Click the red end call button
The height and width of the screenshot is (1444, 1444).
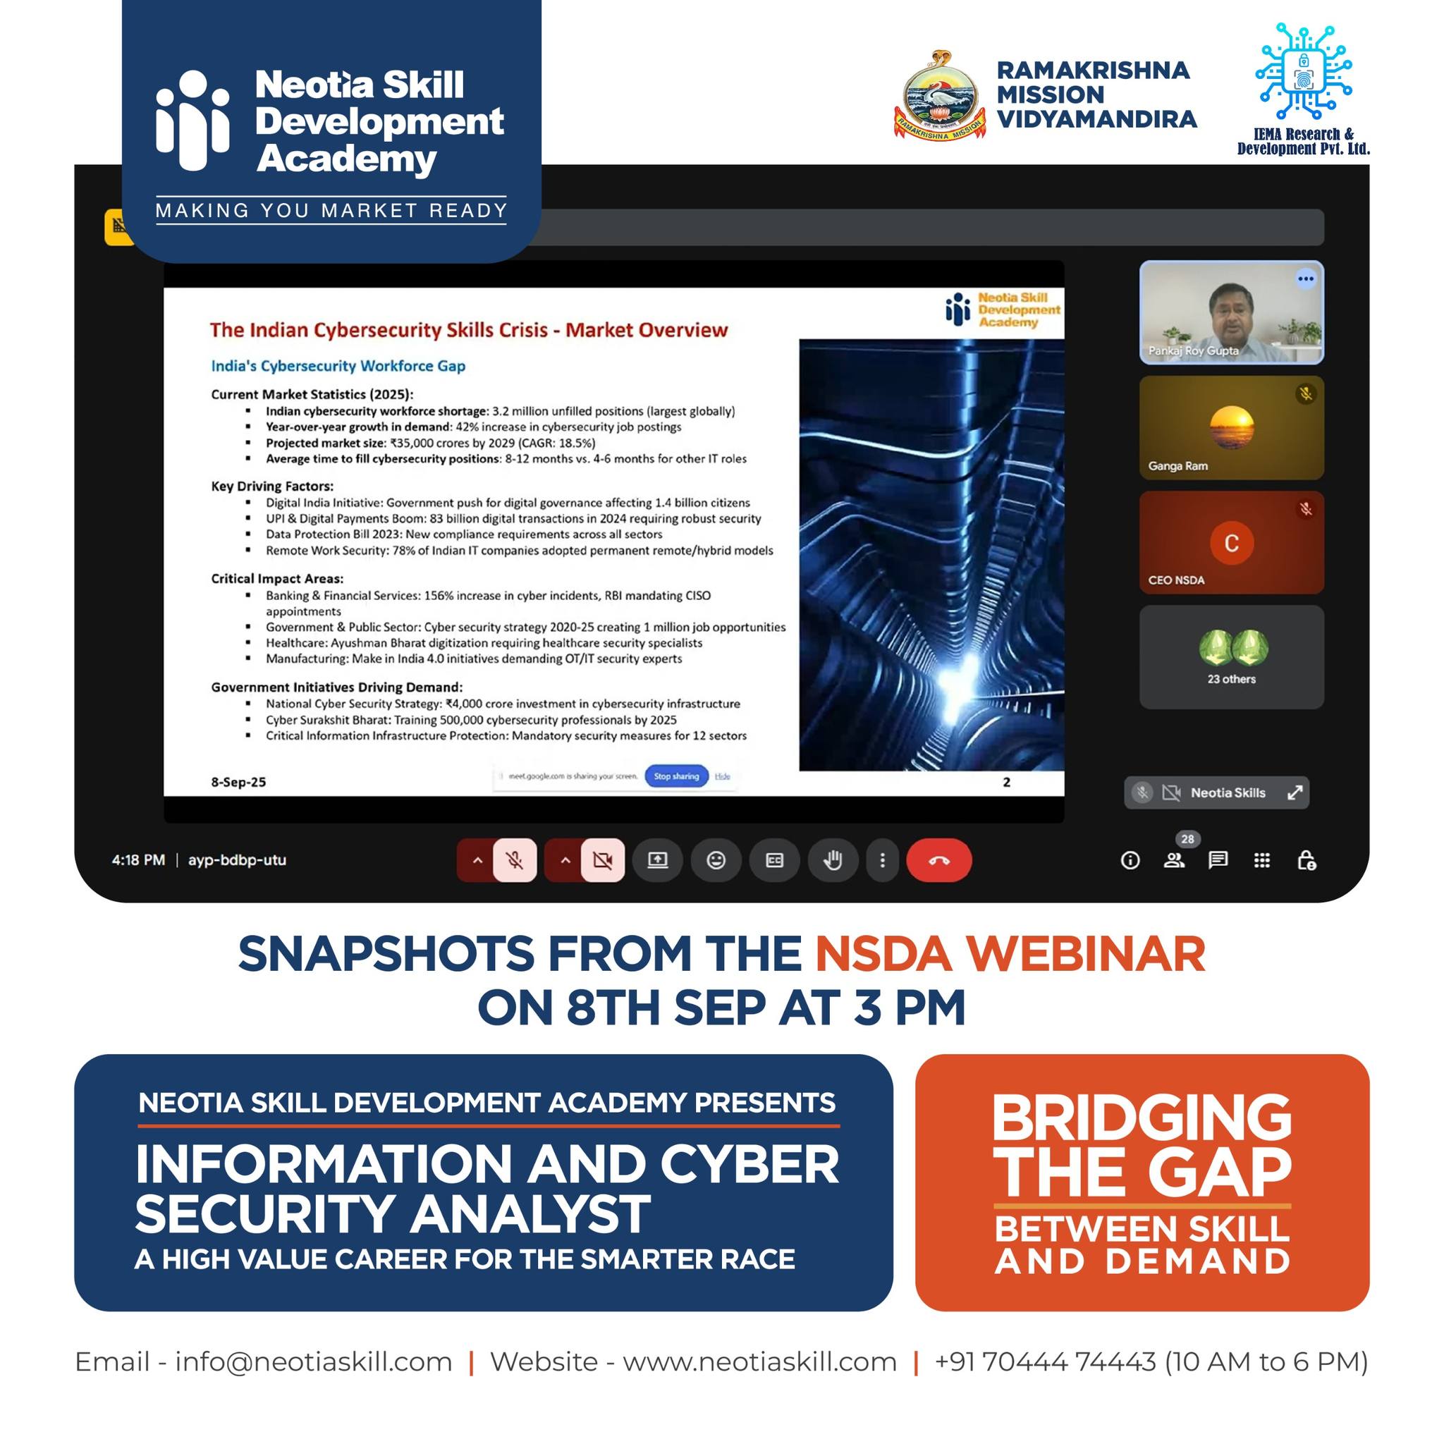coord(938,860)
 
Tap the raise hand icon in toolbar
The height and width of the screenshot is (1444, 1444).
coord(833,860)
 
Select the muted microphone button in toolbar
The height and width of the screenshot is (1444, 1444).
coord(514,860)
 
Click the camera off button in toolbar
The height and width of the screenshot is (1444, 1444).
coord(601,860)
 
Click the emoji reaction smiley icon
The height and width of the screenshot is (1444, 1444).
coord(716,860)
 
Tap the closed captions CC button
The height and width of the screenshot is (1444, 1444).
coord(774,860)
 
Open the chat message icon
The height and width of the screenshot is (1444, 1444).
coord(1218,860)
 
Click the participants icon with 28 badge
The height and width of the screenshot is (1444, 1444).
coord(1174,860)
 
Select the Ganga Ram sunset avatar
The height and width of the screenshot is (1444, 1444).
coord(1231,427)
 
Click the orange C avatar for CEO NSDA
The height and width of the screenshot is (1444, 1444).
coord(1231,543)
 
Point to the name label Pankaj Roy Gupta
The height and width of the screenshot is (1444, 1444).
coord(1193,350)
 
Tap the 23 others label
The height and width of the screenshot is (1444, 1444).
coord(1231,679)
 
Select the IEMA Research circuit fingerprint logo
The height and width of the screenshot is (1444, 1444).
coord(1304,73)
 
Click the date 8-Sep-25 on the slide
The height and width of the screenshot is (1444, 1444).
coord(238,782)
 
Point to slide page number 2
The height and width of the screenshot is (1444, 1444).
coord(1007,782)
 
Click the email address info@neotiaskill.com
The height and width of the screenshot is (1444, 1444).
coord(313,1362)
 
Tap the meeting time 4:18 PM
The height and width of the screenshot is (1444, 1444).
coord(138,859)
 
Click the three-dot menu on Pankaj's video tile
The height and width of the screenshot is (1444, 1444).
coord(1305,279)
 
